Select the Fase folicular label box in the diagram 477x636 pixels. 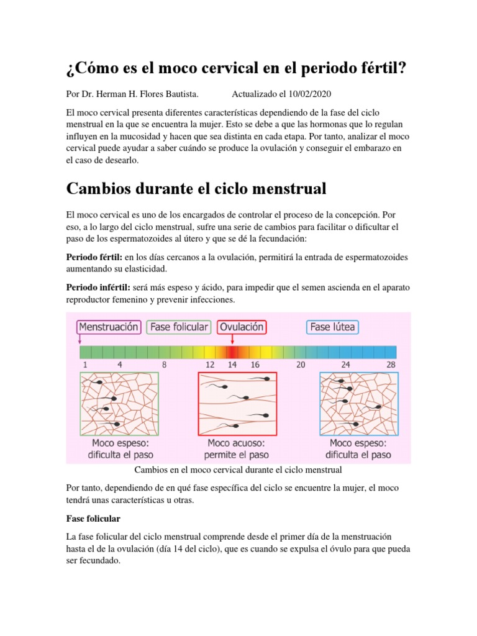(178, 327)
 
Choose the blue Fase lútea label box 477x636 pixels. (334, 327)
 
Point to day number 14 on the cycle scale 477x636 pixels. (232, 365)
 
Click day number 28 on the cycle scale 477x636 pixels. (391, 365)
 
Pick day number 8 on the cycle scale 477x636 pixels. (165, 365)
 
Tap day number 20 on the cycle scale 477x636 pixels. (301, 365)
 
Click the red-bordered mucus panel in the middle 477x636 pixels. (238, 403)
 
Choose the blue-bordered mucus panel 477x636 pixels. (359, 403)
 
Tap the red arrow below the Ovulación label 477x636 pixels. (232, 339)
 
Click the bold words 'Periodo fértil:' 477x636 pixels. (94, 257)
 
